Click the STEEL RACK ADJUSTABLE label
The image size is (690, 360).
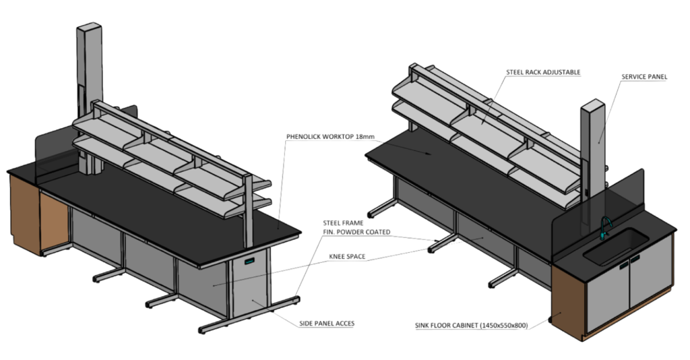point(543,72)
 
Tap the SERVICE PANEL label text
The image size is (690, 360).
point(644,77)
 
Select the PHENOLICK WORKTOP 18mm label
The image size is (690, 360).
point(330,136)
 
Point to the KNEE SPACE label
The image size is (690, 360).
point(347,257)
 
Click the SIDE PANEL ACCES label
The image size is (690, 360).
point(327,324)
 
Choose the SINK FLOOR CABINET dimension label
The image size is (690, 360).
point(471,326)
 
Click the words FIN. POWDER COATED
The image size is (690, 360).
point(356,232)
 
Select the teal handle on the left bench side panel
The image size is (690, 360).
point(250,261)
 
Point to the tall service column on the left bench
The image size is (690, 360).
point(90,98)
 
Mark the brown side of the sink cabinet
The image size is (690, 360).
point(568,303)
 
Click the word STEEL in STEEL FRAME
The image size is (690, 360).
point(332,223)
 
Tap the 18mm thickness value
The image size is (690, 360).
point(366,136)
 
